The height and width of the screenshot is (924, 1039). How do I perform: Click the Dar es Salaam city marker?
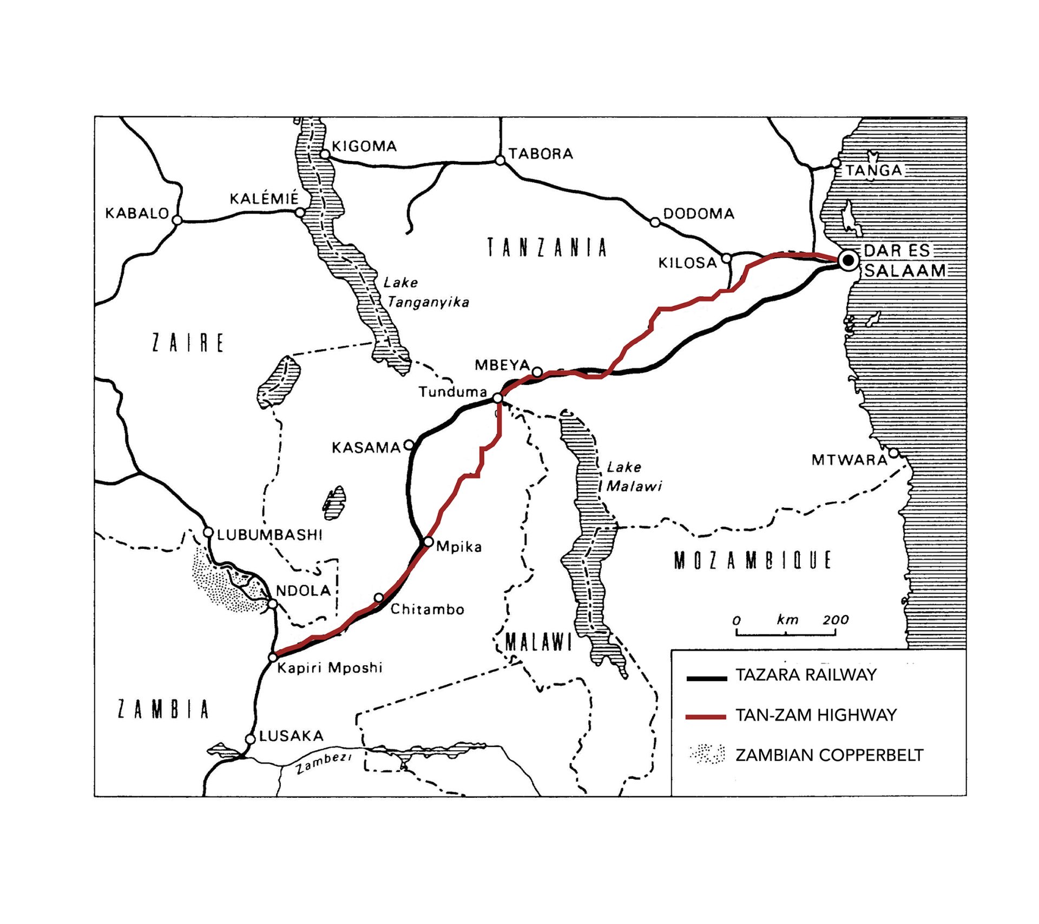pyautogui.click(x=849, y=260)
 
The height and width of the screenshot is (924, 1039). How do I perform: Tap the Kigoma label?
pyautogui.click(x=364, y=146)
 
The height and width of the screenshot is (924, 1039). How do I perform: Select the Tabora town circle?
pyautogui.click(x=500, y=160)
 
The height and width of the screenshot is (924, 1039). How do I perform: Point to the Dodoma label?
pyautogui.click(x=699, y=213)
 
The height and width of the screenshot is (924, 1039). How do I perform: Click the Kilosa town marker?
pyautogui.click(x=727, y=258)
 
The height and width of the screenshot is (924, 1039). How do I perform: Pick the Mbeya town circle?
pyautogui.click(x=537, y=372)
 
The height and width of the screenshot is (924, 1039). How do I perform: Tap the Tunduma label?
pyautogui.click(x=452, y=392)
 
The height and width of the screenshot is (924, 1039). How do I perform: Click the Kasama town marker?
pyautogui.click(x=410, y=445)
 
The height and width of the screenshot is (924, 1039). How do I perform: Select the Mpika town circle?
pyautogui.click(x=428, y=542)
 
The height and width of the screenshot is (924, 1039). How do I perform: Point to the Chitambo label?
pyautogui.click(x=427, y=610)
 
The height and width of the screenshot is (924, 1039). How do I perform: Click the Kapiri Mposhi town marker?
pyautogui.click(x=273, y=657)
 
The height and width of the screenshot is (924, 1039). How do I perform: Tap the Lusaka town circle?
pyautogui.click(x=250, y=739)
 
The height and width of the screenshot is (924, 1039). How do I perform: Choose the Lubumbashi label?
pyautogui.click(x=269, y=535)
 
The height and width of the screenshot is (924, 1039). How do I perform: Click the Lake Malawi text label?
pyautogui.click(x=633, y=476)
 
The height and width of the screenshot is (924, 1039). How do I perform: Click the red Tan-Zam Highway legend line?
pyautogui.click(x=706, y=717)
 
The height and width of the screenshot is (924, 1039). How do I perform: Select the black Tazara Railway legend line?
pyautogui.click(x=706, y=677)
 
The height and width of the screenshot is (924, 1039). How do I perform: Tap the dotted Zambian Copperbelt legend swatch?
pyautogui.click(x=707, y=753)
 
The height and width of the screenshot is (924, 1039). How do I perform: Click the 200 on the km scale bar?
pyautogui.click(x=836, y=619)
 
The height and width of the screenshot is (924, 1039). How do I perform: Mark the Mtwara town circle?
pyautogui.click(x=894, y=453)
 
